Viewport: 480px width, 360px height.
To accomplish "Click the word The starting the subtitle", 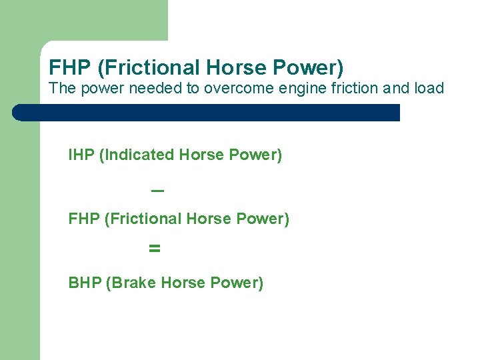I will pyautogui.click(x=63, y=89).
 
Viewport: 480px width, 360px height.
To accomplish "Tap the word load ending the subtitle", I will pyautogui.click(x=429, y=89).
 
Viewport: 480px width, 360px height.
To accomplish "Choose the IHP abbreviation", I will pyautogui.click(x=81, y=155).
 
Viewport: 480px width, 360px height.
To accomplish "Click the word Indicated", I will pyautogui.click(x=138, y=155).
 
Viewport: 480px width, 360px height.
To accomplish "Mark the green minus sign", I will pyautogui.click(x=157, y=191).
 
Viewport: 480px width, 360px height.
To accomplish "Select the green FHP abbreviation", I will pyautogui.click(x=84, y=219).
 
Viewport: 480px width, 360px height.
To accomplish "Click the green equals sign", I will pyautogui.click(x=155, y=249).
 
